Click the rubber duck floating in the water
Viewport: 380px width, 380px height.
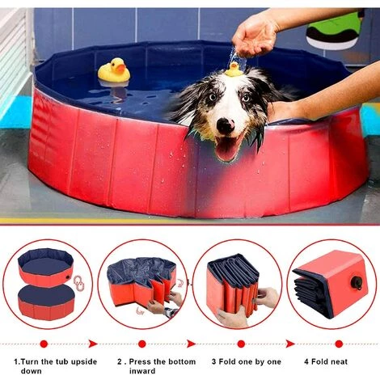114,70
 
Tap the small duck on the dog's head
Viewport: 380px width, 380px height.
234,70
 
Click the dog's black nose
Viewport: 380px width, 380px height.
226,125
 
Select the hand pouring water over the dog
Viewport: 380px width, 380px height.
255,36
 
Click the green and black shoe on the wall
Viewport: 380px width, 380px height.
335,31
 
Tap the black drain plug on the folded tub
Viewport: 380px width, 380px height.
357,283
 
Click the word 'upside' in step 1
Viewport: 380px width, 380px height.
84,361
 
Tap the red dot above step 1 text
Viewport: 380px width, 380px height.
44,344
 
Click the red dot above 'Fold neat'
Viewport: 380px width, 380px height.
339,344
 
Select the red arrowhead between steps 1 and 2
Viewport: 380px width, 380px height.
93,344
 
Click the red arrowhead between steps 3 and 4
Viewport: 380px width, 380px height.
290,344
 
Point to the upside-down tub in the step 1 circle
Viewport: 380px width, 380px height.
46,302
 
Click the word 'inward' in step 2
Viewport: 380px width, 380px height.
142,371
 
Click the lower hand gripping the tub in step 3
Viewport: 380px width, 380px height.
232,318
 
